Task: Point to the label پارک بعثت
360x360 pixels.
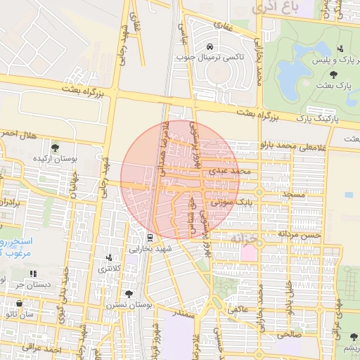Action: coord(334,85)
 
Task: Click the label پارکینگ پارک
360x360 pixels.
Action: coord(316,119)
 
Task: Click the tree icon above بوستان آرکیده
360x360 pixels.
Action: coord(55,148)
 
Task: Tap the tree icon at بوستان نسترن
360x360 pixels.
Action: coord(128,294)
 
